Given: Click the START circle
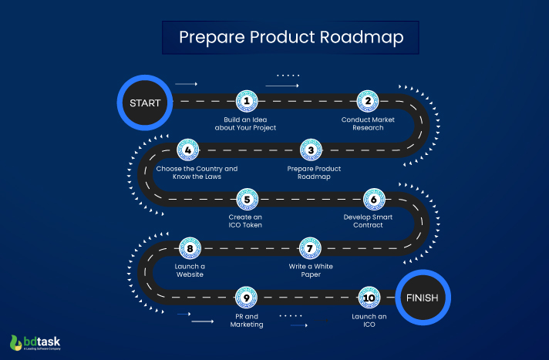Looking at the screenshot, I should click(144, 101).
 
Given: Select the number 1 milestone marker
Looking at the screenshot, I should click(246, 101).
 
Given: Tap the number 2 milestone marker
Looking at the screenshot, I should click(368, 101).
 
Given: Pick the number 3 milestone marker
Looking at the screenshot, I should click(310, 150).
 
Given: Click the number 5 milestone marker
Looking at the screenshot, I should click(246, 199).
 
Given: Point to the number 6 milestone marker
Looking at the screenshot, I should click(374, 199).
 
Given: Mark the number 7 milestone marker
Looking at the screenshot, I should click(309, 247).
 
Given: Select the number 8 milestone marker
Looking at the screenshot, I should click(189, 247).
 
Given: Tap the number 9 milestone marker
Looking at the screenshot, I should click(246, 297).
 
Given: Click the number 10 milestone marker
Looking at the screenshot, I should click(368, 297).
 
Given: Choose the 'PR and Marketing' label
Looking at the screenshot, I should click(246, 320).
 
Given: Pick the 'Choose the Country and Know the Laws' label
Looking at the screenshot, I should click(197, 172).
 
